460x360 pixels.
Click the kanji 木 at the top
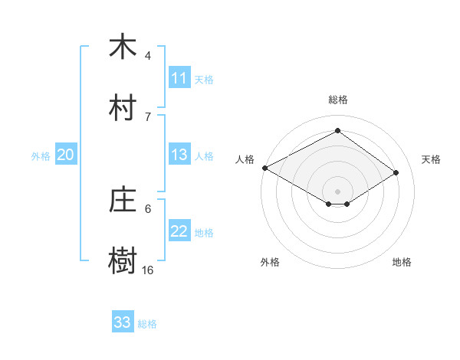tap(123, 47)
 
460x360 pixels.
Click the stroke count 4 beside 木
tap(148, 56)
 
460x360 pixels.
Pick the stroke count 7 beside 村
tap(148, 116)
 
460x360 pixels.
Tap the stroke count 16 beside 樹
tap(148, 270)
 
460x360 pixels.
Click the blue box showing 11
tap(179, 78)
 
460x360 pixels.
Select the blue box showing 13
tap(179, 155)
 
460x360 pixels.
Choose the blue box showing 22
tap(179, 232)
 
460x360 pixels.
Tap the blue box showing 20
tap(65, 155)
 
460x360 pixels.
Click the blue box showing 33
tap(122, 322)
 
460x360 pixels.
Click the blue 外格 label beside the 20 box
tap(41, 156)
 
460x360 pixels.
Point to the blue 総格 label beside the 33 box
tap(147, 324)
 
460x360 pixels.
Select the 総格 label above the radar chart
tap(337, 100)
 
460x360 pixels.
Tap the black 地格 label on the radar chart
tap(402, 262)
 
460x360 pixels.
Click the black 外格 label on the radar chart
tap(270, 262)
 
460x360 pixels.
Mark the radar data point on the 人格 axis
tap(264, 168)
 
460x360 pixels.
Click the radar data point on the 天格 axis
tap(396, 173)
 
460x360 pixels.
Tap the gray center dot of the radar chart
tap(337, 191)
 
